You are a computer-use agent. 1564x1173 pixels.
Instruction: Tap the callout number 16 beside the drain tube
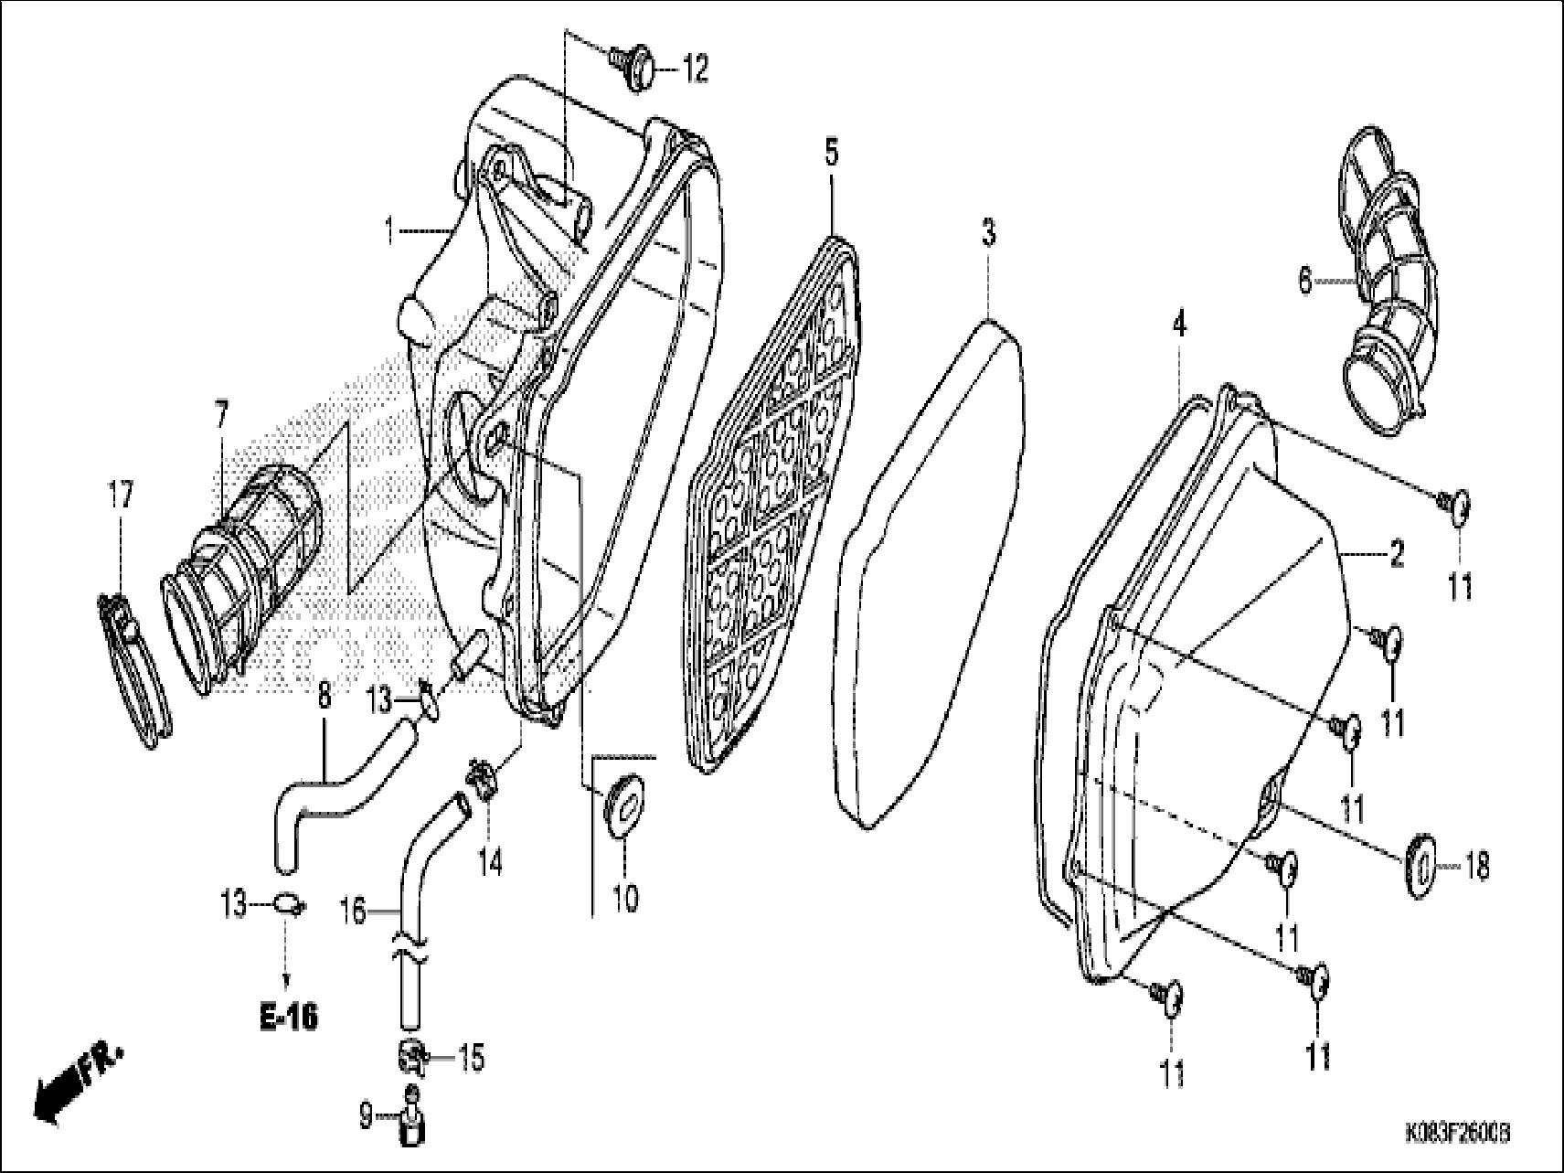353,911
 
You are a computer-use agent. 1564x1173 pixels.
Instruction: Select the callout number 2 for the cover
1396,554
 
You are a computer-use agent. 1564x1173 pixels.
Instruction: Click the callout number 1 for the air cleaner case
390,230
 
